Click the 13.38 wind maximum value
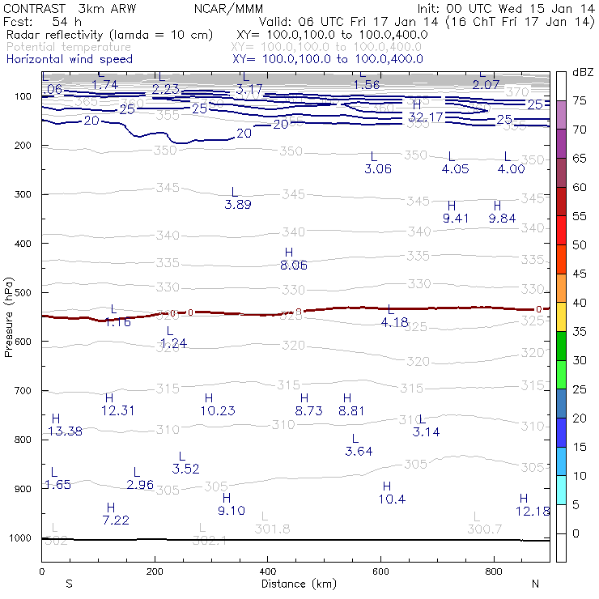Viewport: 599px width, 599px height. click(65, 431)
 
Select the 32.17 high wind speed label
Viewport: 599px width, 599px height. click(424, 117)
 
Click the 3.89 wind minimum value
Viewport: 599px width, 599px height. click(238, 205)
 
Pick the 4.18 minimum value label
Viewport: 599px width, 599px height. click(394, 322)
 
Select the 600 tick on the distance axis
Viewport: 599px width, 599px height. click(381, 571)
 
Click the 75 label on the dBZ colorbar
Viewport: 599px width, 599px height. click(580, 101)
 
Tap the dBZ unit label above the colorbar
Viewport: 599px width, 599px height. click(581, 72)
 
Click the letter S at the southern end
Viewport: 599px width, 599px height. click(70, 584)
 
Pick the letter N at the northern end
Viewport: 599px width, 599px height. click(535, 584)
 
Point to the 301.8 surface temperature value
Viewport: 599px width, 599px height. click(273, 529)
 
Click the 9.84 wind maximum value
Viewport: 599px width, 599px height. click(503, 218)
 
